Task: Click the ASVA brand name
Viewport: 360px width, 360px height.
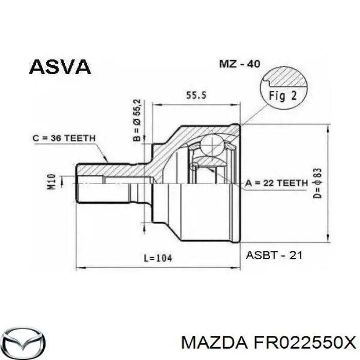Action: click(x=60, y=66)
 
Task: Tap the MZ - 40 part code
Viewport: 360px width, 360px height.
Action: click(x=240, y=64)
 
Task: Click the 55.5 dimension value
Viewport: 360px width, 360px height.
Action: click(x=195, y=95)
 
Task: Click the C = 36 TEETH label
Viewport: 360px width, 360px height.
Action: click(x=63, y=138)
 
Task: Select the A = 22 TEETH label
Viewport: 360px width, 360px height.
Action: click(x=276, y=183)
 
